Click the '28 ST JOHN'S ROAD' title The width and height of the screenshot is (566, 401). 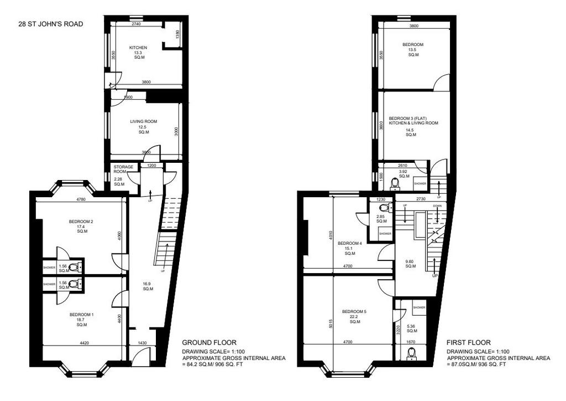[x=51, y=24]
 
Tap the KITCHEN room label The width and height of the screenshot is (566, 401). [x=138, y=48]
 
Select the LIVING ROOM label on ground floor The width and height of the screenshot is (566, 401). [x=144, y=121]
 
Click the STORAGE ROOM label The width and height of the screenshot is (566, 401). [x=123, y=169]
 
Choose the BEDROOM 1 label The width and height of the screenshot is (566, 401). [x=82, y=315]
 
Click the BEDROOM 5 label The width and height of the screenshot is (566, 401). [x=354, y=312]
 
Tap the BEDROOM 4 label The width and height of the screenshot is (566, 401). [x=349, y=243]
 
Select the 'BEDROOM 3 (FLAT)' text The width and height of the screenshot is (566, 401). [x=408, y=118]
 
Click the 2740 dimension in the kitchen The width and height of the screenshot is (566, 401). [x=136, y=24]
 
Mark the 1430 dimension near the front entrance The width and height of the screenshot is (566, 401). [x=143, y=343]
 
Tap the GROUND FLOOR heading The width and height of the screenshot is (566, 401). [x=209, y=342]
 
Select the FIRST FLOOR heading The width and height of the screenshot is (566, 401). [x=469, y=342]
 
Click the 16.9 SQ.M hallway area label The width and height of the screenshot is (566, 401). [x=148, y=286]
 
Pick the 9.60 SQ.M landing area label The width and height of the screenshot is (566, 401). [x=411, y=264]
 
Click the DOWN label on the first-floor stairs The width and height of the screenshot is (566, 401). [x=437, y=205]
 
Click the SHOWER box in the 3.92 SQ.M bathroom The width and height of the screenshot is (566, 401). [x=420, y=184]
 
